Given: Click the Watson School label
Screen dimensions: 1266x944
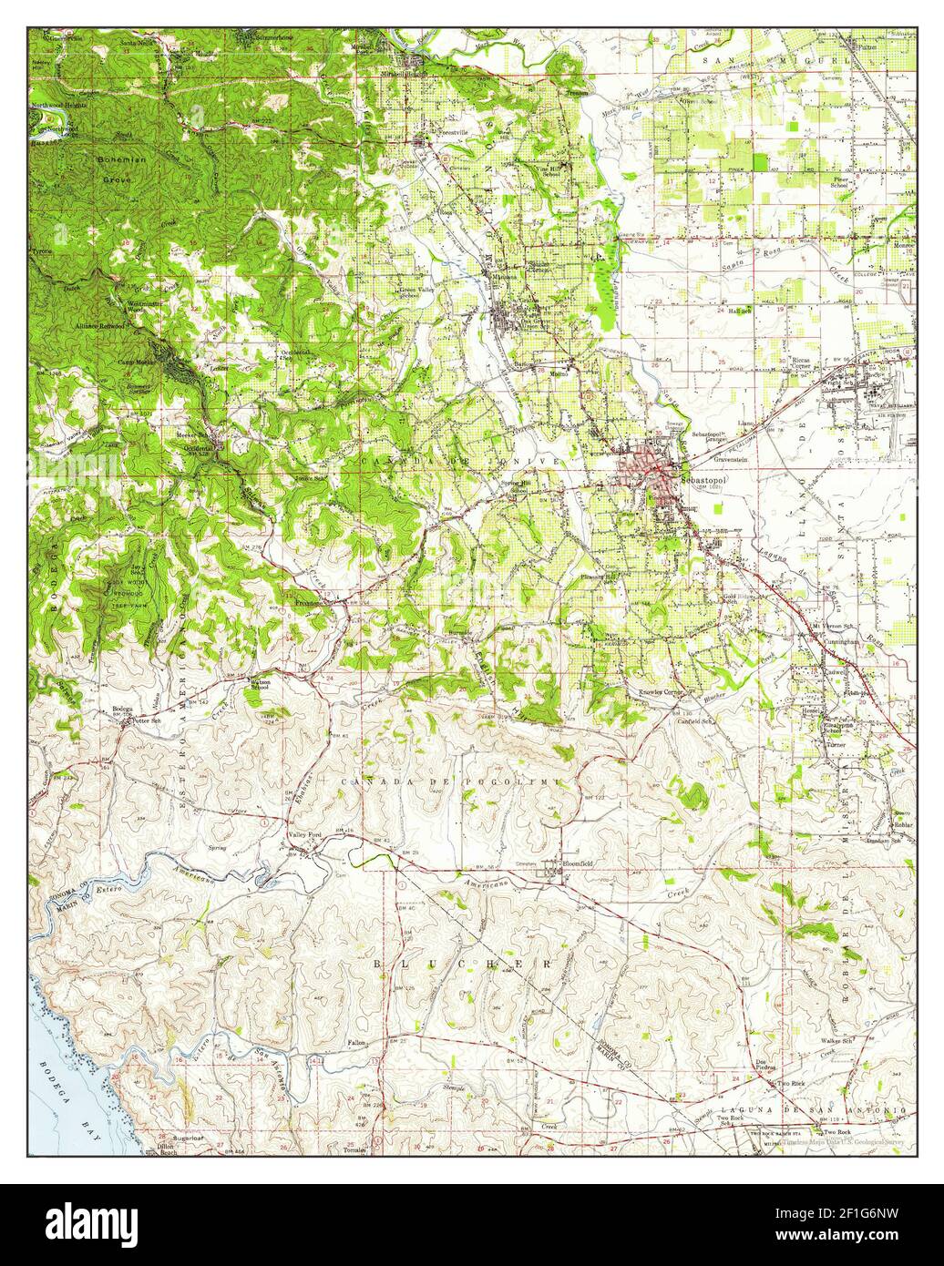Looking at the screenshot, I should pos(260,684).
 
